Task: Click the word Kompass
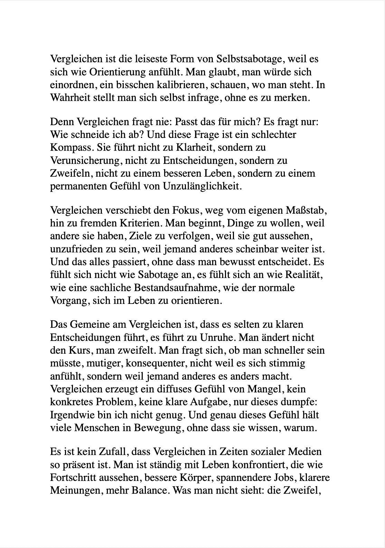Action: tap(71, 148)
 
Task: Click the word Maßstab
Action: tap(304, 210)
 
